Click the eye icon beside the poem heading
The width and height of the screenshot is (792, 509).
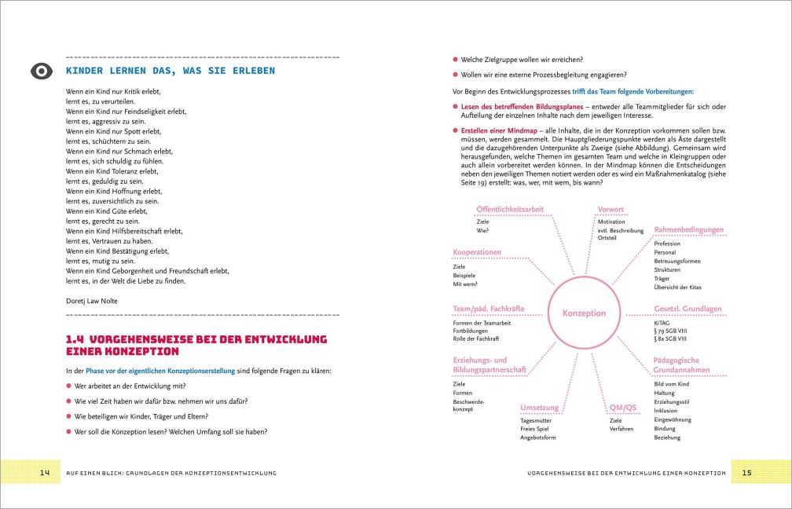pos(40,71)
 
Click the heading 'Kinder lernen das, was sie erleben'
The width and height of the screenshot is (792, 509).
pos(170,71)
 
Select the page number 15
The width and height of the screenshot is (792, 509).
pos(746,472)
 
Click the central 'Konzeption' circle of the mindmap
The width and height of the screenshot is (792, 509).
pos(584,313)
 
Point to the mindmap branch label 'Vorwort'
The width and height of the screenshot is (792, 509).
pos(610,210)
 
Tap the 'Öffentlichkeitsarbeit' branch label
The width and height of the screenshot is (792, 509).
pos(509,209)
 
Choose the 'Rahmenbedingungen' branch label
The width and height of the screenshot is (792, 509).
pos(688,230)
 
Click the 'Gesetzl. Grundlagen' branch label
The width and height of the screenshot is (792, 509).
pos(687,309)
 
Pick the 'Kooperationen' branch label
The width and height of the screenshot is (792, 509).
pos(477,252)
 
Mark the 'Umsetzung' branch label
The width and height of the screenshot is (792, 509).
pos(539,408)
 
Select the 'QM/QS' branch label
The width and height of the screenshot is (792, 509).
pos(622,408)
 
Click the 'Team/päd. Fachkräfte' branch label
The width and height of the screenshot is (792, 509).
pos(489,309)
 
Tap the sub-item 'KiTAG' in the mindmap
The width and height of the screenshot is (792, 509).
pos(662,322)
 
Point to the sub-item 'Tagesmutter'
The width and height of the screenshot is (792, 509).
pos(536,420)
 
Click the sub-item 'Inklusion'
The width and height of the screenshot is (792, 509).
pos(665,410)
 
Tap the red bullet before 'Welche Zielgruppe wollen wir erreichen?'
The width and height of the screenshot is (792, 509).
pos(455,59)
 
